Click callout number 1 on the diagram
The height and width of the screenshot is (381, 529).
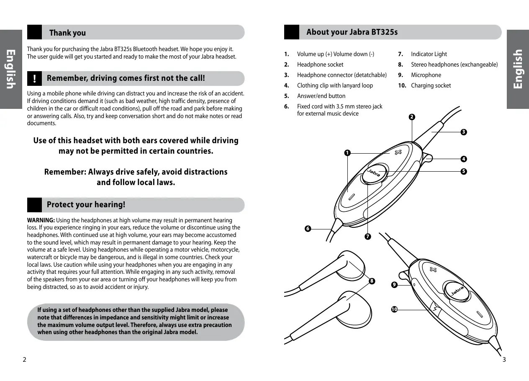pyautogui.click(x=347, y=153)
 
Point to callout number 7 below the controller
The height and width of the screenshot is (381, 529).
pyautogui.click(x=367, y=237)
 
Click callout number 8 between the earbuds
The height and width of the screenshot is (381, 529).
pyautogui.click(x=371, y=281)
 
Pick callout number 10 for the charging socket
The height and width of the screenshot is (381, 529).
pyautogui.click(x=394, y=309)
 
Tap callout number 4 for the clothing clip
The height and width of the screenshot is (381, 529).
pyautogui.click(x=463, y=159)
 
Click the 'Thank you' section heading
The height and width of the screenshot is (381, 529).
pyautogui.click(x=67, y=33)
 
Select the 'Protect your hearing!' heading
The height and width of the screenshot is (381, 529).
pyautogui.click(x=86, y=205)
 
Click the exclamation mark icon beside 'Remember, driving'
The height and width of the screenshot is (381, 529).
pyautogui.click(x=35, y=79)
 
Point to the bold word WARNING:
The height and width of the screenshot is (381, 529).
pyautogui.click(x=41, y=220)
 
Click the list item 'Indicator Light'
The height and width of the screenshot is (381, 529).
pyautogui.click(x=429, y=54)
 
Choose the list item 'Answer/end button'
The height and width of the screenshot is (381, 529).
pyautogui.click(x=321, y=96)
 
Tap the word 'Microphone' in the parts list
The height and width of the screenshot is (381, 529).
pyautogui.click(x=426, y=75)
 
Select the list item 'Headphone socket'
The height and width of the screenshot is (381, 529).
pyautogui.click(x=320, y=64)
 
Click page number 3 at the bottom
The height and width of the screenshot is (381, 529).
pyautogui.click(x=504, y=360)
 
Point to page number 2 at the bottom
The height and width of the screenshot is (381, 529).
pyautogui.click(x=24, y=360)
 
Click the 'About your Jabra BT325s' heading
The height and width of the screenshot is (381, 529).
pyautogui.click(x=352, y=32)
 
